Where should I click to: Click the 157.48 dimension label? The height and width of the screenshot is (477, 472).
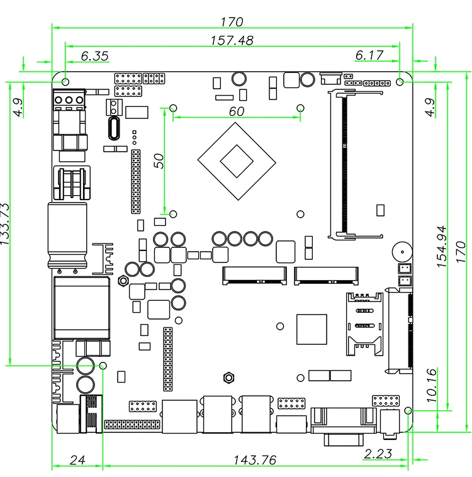click(x=232, y=40)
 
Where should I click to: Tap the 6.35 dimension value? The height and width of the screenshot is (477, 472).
click(x=94, y=56)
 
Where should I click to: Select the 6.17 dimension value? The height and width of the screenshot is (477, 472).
click(x=369, y=55)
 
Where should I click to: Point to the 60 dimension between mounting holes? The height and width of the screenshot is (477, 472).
click(x=237, y=111)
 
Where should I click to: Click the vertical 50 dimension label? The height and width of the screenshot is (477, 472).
click(x=159, y=161)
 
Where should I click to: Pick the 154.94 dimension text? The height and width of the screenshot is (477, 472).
click(x=442, y=247)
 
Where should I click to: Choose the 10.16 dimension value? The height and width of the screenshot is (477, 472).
click(x=432, y=385)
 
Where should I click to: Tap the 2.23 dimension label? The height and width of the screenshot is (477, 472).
click(x=378, y=454)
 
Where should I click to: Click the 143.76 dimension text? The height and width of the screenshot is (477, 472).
click(x=255, y=460)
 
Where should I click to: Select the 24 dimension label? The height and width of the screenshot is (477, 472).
click(x=77, y=460)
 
